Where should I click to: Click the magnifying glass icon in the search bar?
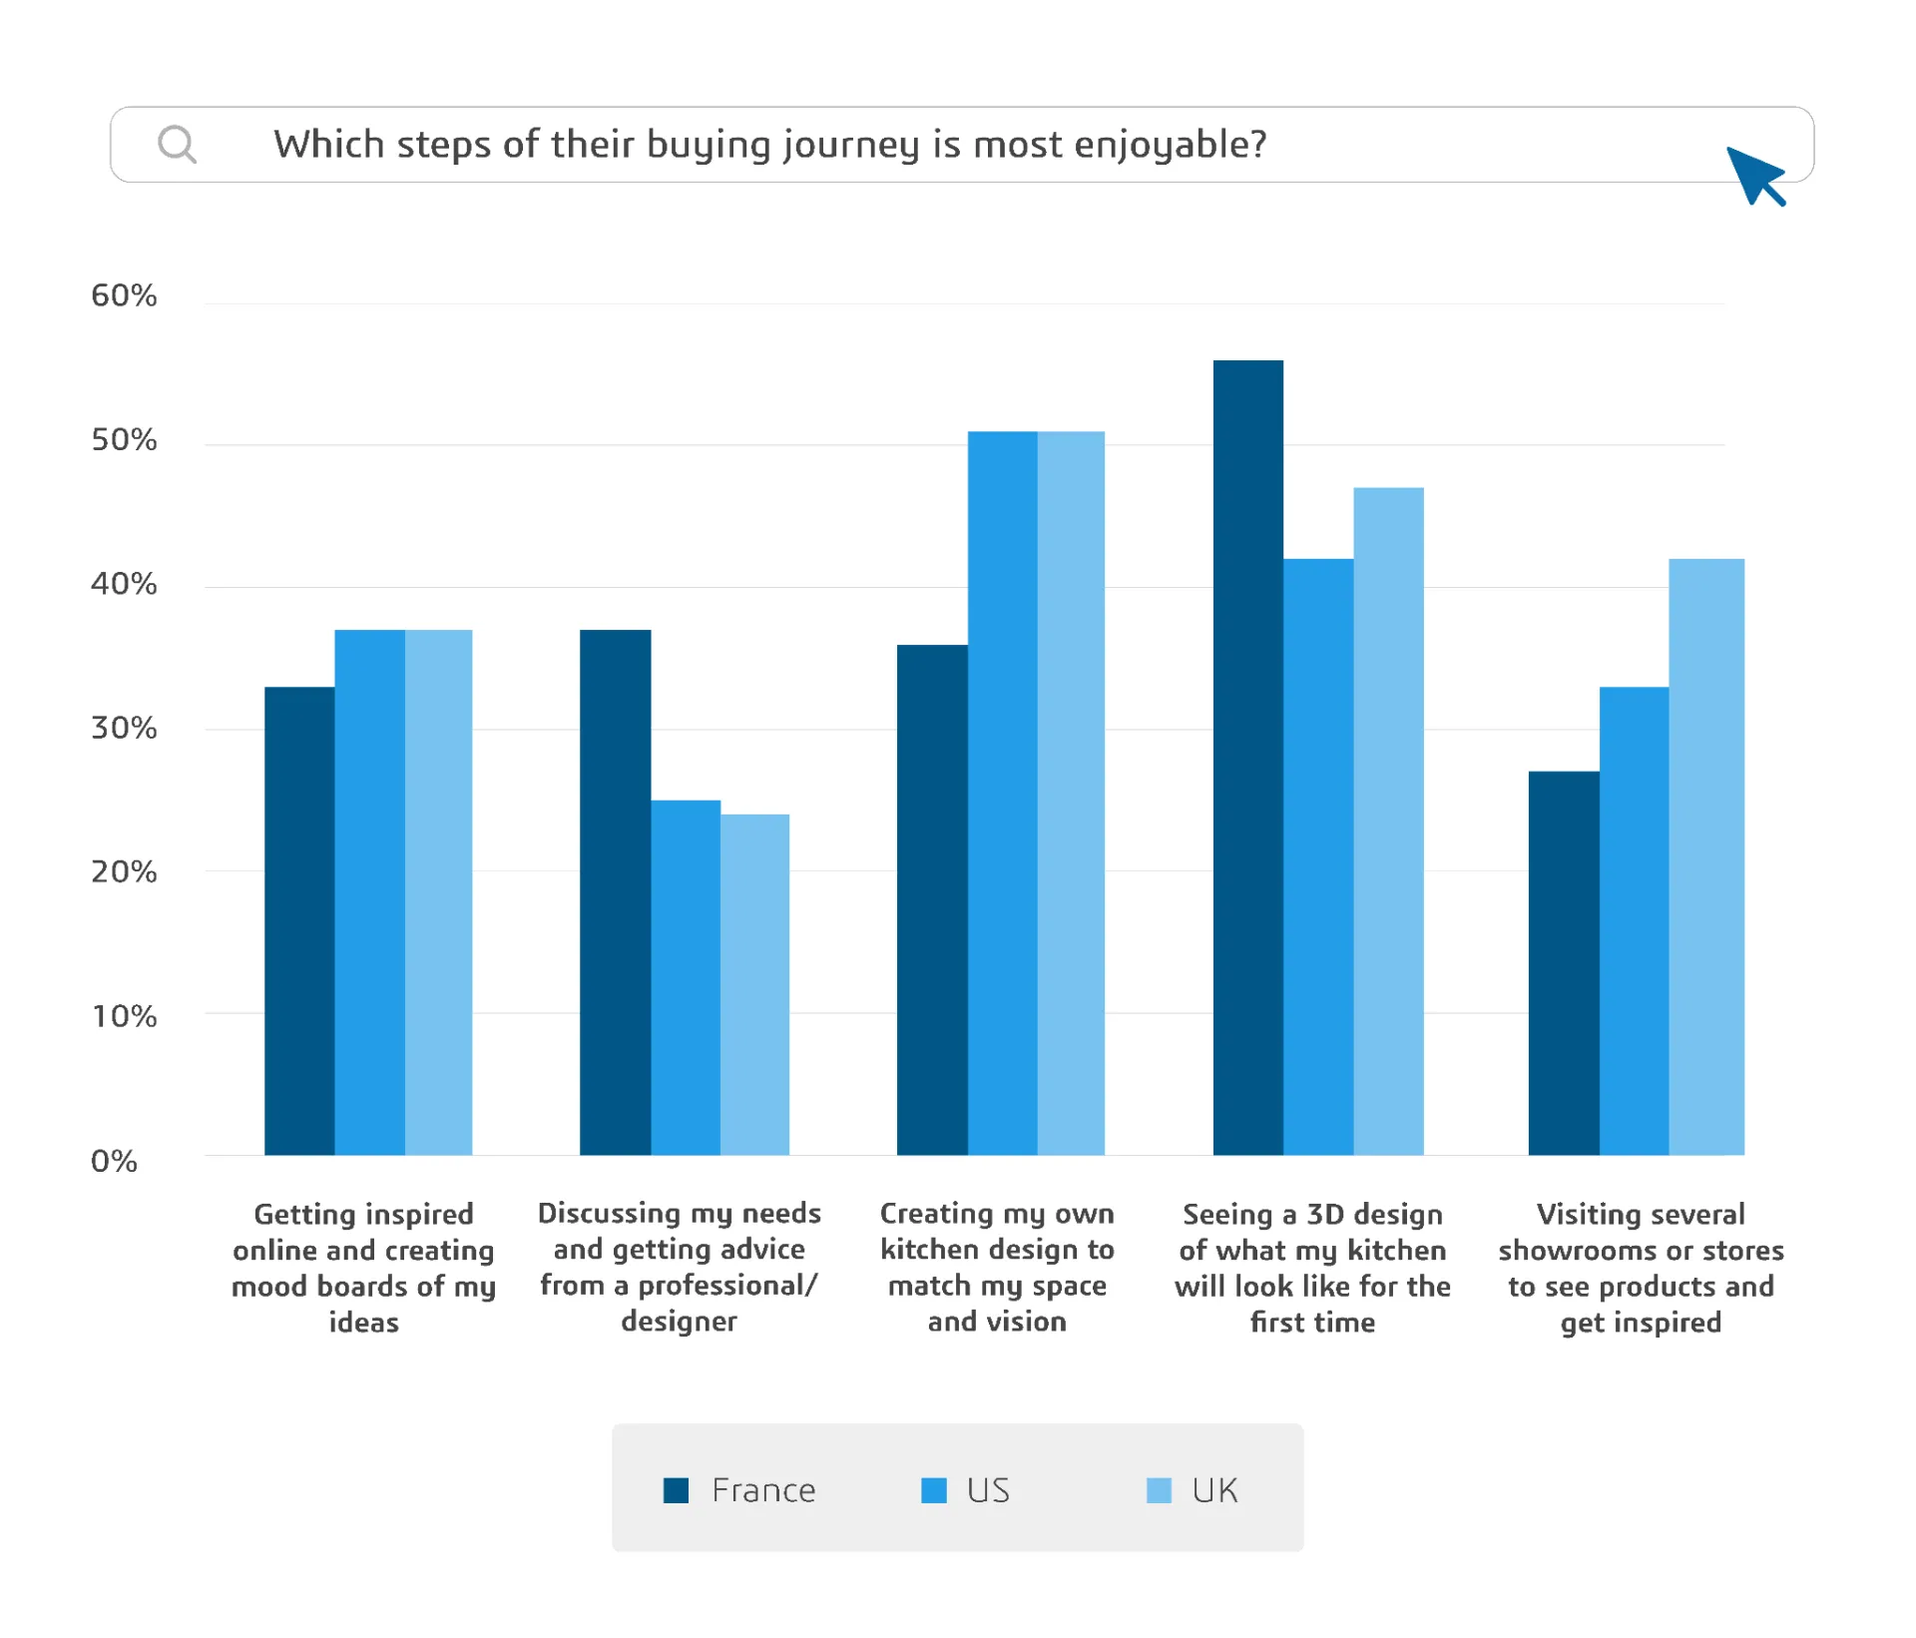coord(178,145)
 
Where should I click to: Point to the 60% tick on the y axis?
coord(124,295)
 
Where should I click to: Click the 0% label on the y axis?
coord(114,1161)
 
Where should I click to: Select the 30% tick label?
coord(124,728)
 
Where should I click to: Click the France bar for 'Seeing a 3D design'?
coord(1247,759)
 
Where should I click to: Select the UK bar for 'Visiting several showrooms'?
coord(1705,858)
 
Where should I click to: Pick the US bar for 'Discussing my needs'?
coord(686,978)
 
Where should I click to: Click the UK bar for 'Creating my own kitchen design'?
coord(1071,794)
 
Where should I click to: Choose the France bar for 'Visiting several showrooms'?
coord(1563,963)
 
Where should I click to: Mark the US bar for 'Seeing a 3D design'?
coord(1317,858)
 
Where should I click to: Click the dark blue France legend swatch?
coord(676,1490)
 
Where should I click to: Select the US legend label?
coord(988,1490)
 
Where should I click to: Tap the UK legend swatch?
coord(1159,1490)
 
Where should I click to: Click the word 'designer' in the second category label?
coord(679,1322)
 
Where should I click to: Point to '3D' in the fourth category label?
coord(1325,1214)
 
